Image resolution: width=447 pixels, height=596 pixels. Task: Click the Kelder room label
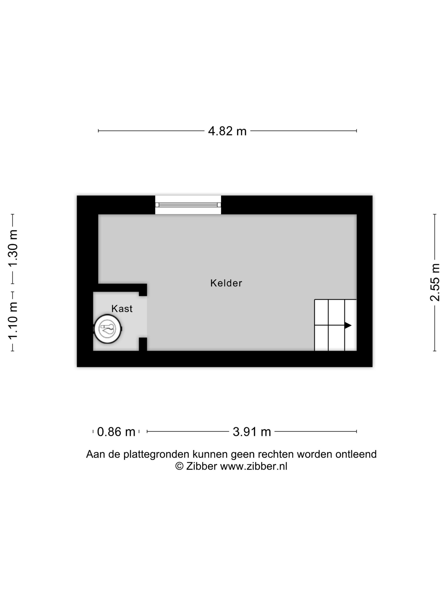click(226, 283)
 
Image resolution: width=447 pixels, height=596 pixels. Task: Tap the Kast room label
click(122, 308)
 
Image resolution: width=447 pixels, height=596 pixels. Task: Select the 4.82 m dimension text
click(227, 131)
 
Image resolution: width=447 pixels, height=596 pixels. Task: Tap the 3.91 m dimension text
click(252, 432)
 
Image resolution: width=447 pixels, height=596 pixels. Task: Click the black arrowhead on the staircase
click(348, 325)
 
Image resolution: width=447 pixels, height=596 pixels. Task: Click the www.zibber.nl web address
click(254, 466)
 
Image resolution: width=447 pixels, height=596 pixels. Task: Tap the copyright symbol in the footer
click(179, 466)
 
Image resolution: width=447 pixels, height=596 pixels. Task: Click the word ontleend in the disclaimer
click(356, 454)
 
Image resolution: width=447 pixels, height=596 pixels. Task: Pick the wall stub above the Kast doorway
click(143, 290)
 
